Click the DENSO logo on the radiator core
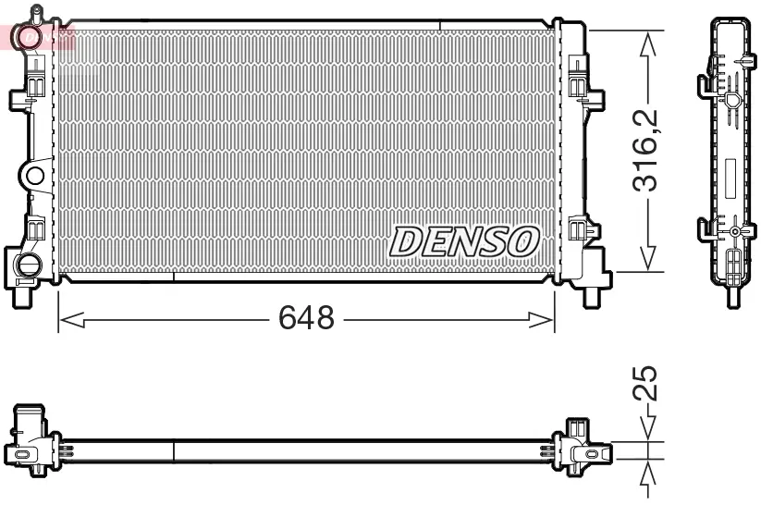(x=463, y=241)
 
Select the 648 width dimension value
(x=306, y=319)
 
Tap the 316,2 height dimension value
(x=648, y=150)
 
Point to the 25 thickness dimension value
(x=648, y=382)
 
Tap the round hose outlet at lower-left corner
(x=28, y=265)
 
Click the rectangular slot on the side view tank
(x=730, y=175)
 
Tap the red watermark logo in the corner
(x=37, y=37)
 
